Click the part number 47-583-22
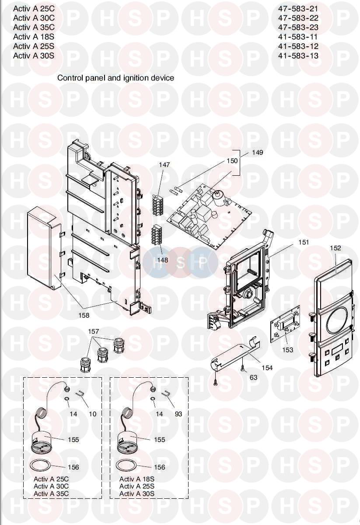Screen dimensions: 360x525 pos(298,18)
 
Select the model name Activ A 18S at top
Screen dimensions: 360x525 pos(34,37)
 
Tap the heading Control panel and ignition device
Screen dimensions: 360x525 pos(115,78)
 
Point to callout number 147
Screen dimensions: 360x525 pos(164,165)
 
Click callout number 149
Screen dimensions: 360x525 pos(258,153)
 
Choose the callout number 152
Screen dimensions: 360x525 pos(336,248)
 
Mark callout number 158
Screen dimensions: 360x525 pos(84,315)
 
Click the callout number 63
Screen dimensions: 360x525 pos(254,377)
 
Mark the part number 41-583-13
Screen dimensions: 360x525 pos(298,56)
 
